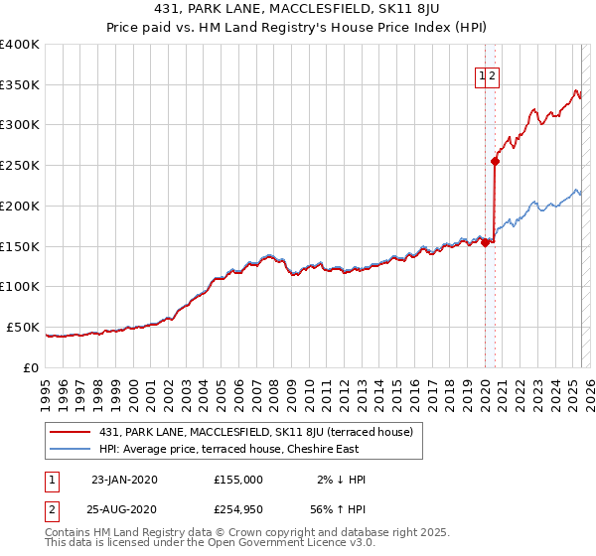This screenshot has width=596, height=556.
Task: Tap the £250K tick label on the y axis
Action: pyautogui.click(x=20, y=165)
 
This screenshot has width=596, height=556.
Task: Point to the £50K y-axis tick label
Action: pyautogui.click(x=24, y=327)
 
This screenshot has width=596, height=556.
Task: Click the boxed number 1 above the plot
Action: pyautogui.click(x=483, y=74)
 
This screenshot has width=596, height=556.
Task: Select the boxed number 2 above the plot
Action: pyautogui.click(x=493, y=74)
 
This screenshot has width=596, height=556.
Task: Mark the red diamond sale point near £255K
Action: pyautogui.click(x=495, y=161)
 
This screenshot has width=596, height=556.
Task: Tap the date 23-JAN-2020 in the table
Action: pyautogui.click(x=124, y=480)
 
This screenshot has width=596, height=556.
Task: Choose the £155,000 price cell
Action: pyautogui.click(x=238, y=480)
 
